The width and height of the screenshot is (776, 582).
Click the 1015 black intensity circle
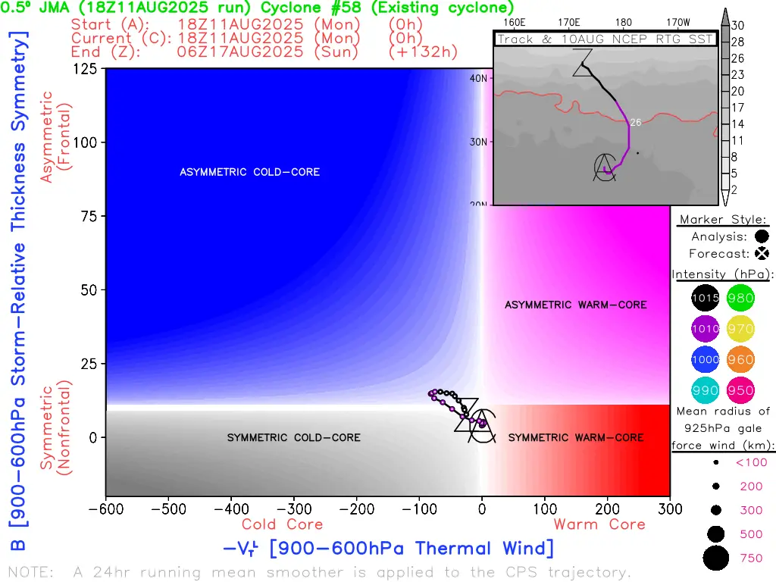click(x=706, y=299)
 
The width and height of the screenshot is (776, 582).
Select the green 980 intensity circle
click(x=740, y=299)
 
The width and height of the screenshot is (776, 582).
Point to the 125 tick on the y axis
click(x=85, y=69)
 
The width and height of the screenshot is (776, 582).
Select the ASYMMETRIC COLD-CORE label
click(x=249, y=172)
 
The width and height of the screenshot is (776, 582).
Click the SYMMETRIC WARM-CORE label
click(x=575, y=437)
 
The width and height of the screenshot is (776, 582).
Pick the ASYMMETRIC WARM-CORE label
click(x=575, y=305)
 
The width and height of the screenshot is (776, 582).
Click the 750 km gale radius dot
click(x=715, y=559)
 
